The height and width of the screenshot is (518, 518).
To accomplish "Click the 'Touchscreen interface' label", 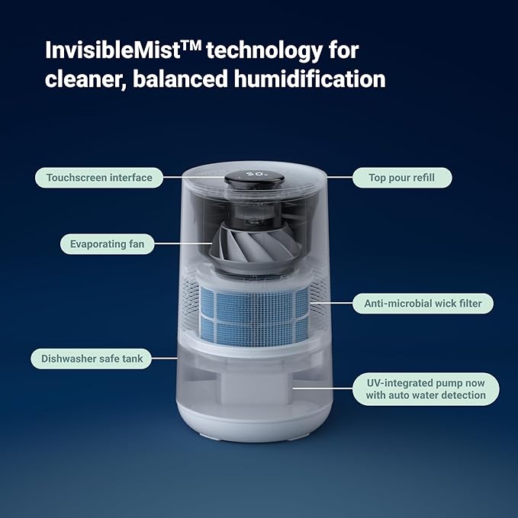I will point(99,178).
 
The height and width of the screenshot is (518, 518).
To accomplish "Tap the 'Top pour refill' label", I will point(401,178).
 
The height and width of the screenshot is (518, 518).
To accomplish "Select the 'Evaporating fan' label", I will point(108,244).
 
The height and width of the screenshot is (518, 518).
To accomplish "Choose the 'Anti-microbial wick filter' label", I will point(423,303).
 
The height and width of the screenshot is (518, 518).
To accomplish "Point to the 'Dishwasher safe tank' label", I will point(92,357).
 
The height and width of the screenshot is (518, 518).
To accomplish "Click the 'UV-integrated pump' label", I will point(426,388).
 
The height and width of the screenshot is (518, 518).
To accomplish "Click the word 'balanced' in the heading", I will point(180,79).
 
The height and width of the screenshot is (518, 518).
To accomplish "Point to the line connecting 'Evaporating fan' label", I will point(183,244).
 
